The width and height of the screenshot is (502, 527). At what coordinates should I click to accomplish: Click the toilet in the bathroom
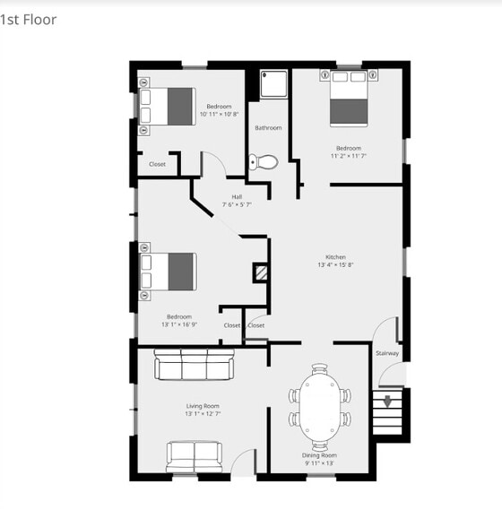tap(264, 162)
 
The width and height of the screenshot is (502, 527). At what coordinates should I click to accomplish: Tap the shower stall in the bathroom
tap(273, 85)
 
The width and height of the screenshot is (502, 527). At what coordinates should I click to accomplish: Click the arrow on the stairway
tap(388, 402)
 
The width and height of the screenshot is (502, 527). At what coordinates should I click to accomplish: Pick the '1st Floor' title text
tap(29, 19)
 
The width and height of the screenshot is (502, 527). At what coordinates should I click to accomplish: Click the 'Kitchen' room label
tap(335, 257)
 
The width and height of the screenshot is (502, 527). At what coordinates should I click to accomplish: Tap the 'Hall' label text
tap(237, 197)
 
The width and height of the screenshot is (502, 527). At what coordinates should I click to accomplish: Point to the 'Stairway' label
tap(387, 352)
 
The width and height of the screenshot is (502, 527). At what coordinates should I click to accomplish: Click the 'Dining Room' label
tap(319, 455)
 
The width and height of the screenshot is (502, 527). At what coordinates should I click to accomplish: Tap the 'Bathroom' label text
tap(268, 128)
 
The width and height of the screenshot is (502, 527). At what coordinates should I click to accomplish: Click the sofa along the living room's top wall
tap(194, 365)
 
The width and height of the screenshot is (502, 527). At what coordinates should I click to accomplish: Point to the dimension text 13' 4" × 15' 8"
tap(335, 265)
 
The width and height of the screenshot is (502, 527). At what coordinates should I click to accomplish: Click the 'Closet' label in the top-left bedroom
tap(158, 164)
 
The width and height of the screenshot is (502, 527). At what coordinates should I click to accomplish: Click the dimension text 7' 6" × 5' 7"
tap(237, 205)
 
